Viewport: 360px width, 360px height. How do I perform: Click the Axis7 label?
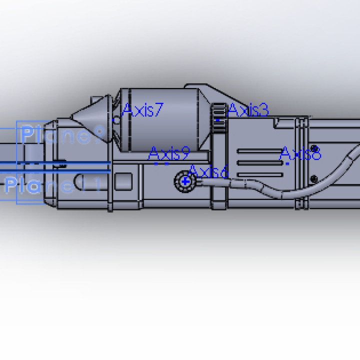143,110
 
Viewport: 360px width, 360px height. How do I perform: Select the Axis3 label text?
248,110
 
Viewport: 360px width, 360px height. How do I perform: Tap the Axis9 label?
169,153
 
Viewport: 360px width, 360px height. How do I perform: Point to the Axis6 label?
208,172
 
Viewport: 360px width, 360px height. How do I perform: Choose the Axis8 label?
300,153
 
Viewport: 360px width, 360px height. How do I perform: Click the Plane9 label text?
62,134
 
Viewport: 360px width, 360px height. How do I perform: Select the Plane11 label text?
52,185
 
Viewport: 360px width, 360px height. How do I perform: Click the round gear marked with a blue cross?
185,181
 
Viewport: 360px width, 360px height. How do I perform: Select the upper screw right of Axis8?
314,148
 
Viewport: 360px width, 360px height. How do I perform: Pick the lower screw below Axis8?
313,178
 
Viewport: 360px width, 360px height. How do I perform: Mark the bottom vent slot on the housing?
257,174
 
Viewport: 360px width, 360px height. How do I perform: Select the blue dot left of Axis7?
115,120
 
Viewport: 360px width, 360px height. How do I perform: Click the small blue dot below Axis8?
287,163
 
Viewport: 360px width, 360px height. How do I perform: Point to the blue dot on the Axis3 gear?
218,120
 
